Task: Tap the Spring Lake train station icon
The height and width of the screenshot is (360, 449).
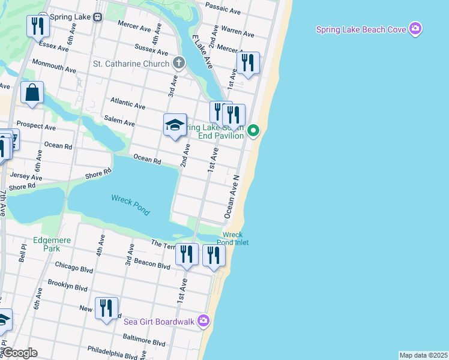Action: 97,17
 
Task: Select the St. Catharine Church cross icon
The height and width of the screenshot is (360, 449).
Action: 178,63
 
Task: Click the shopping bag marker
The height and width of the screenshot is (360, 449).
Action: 32,93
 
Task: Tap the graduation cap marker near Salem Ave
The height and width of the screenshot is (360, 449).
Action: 175,125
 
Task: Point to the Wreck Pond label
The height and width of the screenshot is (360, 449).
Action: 130,205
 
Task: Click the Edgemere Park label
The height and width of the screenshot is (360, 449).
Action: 52,244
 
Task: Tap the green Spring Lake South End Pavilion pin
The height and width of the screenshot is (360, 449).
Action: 254,130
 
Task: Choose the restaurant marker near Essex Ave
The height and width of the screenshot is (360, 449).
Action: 37,26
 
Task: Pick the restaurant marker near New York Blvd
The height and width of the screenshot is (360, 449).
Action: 107,308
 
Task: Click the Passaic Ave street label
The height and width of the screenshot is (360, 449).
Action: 223,7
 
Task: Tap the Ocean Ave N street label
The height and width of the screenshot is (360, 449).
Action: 232,197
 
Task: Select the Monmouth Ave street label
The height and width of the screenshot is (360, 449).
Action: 54,66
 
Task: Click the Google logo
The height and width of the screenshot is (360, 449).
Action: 19,353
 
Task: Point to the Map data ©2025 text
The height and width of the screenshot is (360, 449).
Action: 423,355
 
